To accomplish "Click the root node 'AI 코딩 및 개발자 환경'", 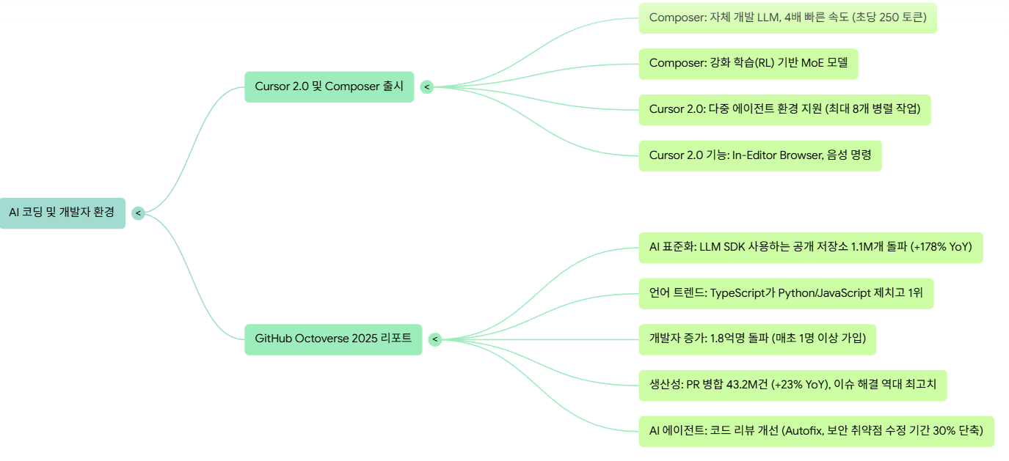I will (62, 213).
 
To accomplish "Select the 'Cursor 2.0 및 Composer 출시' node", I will (329, 86).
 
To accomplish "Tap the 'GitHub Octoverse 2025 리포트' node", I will (333, 339).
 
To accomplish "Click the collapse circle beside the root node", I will (138, 213).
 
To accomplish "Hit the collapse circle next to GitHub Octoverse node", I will (434, 339).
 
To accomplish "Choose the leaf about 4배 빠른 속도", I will (787, 18).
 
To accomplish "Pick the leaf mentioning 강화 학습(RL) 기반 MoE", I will (748, 64).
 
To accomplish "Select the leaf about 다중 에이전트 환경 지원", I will (784, 109).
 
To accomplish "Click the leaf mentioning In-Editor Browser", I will (760, 155).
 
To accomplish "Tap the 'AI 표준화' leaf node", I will (810, 247).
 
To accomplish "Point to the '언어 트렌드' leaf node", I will (785, 293).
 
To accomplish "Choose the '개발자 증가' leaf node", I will (757, 339).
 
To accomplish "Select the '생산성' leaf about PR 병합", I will (792, 385).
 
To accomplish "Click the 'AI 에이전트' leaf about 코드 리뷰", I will (815, 431).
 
